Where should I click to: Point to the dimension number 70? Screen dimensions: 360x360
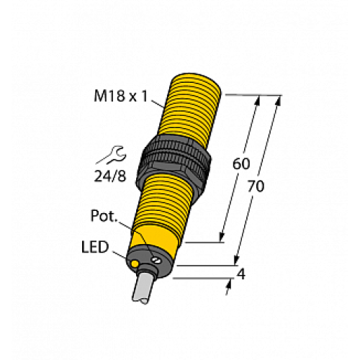[x=256, y=186]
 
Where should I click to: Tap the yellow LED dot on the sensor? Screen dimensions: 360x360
[x=135, y=266]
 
